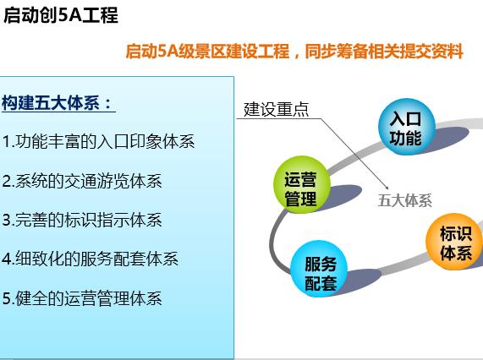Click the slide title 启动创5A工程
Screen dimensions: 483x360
(61, 15)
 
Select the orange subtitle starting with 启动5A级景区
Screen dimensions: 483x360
(294, 51)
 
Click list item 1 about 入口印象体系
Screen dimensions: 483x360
(98, 141)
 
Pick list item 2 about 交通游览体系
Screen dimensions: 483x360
(82, 181)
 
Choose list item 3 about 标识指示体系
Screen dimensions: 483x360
(82, 220)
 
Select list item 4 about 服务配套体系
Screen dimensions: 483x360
(90, 259)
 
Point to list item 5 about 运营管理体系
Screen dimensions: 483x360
(82, 298)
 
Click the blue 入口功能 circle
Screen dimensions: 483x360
(407, 127)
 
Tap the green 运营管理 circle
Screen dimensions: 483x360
(302, 184)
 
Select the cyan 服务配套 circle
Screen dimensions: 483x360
(319, 269)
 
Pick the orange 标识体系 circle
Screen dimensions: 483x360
(455, 242)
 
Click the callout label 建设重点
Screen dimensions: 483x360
(276, 109)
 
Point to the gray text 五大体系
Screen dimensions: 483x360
(405, 200)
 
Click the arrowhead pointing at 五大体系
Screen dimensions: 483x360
(387, 188)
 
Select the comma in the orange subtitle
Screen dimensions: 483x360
(297, 56)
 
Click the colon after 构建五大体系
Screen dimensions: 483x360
(107, 103)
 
